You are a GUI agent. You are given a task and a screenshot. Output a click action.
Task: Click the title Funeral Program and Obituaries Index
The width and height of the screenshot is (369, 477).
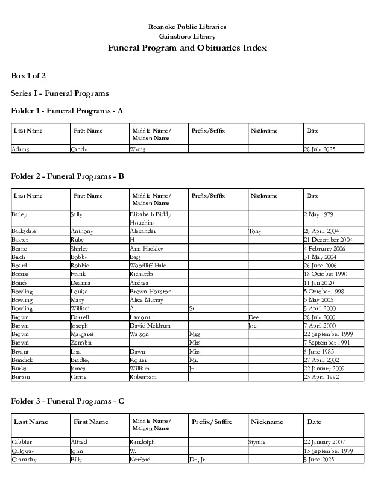pos(187,48)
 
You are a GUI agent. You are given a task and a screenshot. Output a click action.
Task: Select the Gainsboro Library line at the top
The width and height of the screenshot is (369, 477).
pos(187,37)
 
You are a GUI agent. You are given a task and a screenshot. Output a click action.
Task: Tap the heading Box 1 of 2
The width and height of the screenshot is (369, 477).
pos(28,76)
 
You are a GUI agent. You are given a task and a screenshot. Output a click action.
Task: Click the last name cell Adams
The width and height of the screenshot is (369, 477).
pos(20,149)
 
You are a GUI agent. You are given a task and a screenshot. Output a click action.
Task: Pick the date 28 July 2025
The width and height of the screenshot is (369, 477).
pos(320,149)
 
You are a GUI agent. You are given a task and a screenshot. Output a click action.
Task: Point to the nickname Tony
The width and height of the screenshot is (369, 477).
pos(254,231)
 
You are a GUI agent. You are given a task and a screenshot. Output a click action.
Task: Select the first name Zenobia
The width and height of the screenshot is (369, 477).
pos(81,343)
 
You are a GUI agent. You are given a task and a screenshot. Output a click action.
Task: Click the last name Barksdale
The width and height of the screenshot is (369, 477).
pos(25,231)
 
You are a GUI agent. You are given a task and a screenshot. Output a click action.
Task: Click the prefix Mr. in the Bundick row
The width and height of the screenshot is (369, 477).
pos(194,360)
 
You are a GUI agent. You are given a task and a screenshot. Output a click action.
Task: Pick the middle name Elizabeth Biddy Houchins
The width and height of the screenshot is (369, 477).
pos(151,218)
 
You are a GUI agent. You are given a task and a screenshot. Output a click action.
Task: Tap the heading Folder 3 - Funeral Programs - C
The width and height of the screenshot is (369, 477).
pos(68,401)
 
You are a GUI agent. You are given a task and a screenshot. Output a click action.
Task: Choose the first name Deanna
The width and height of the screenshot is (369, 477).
pos(81,282)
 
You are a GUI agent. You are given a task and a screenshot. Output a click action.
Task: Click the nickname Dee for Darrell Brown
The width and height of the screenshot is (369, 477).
pos(254,317)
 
